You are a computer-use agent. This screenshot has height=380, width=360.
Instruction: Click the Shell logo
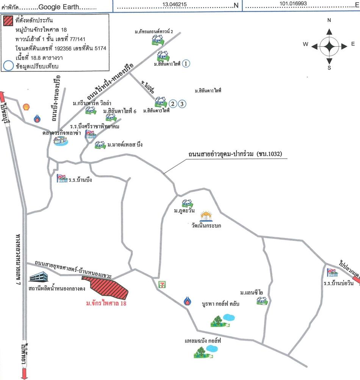pos(26,107)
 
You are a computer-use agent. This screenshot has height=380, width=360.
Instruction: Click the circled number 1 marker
pos(186,64)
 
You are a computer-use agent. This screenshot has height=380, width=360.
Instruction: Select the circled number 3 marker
pos(182,103)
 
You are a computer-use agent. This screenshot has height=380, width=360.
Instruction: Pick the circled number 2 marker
pos(173,103)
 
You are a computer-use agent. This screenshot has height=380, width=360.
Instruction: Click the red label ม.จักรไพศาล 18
pos(106,303)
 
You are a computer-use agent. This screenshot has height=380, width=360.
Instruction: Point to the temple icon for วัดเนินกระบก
pos(206,216)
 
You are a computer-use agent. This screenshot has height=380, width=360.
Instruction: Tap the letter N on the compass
pos(329,20)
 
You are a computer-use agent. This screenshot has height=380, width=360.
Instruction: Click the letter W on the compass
pos(305,44)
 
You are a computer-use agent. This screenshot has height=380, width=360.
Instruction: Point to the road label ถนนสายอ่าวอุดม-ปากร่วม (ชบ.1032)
pos(236,155)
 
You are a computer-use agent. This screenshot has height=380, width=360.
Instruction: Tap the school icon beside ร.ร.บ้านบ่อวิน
pos(332,272)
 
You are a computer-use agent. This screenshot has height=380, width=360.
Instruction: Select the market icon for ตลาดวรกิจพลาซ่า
pos(61,141)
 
